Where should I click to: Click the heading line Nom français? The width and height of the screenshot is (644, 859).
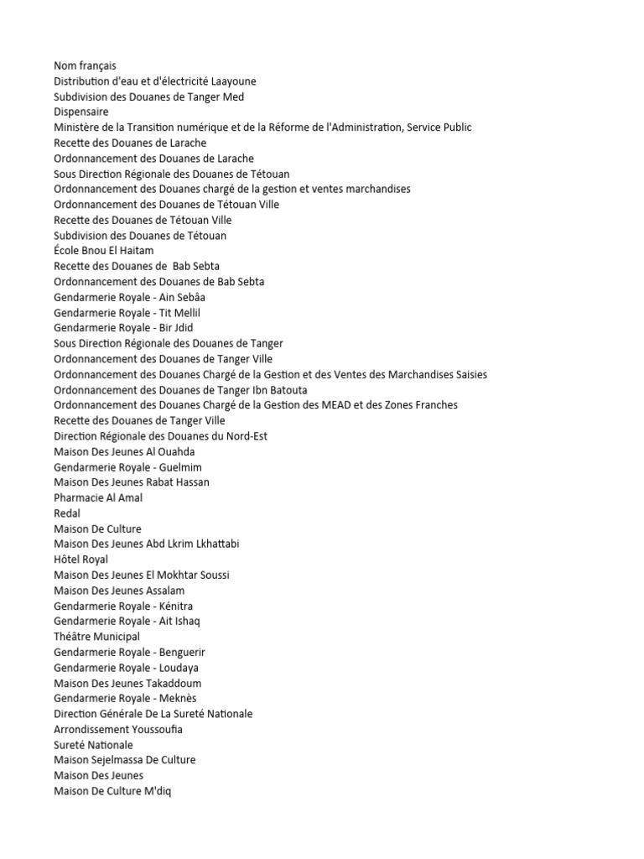[x=85, y=65]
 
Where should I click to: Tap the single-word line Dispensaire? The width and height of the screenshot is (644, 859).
[x=80, y=112]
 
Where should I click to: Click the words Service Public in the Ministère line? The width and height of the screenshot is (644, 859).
[x=439, y=128]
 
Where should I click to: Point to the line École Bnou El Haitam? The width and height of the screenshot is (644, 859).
[x=103, y=251]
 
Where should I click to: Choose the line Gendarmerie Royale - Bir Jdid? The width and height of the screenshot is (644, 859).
[x=123, y=328]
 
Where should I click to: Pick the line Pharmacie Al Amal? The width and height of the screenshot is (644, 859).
[x=98, y=497]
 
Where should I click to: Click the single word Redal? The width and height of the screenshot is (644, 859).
[x=67, y=513]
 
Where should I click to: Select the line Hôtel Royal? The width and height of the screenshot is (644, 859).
[x=80, y=560]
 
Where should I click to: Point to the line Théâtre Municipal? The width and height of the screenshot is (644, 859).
[x=96, y=637]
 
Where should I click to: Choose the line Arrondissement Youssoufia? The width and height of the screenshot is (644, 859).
[x=118, y=729]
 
